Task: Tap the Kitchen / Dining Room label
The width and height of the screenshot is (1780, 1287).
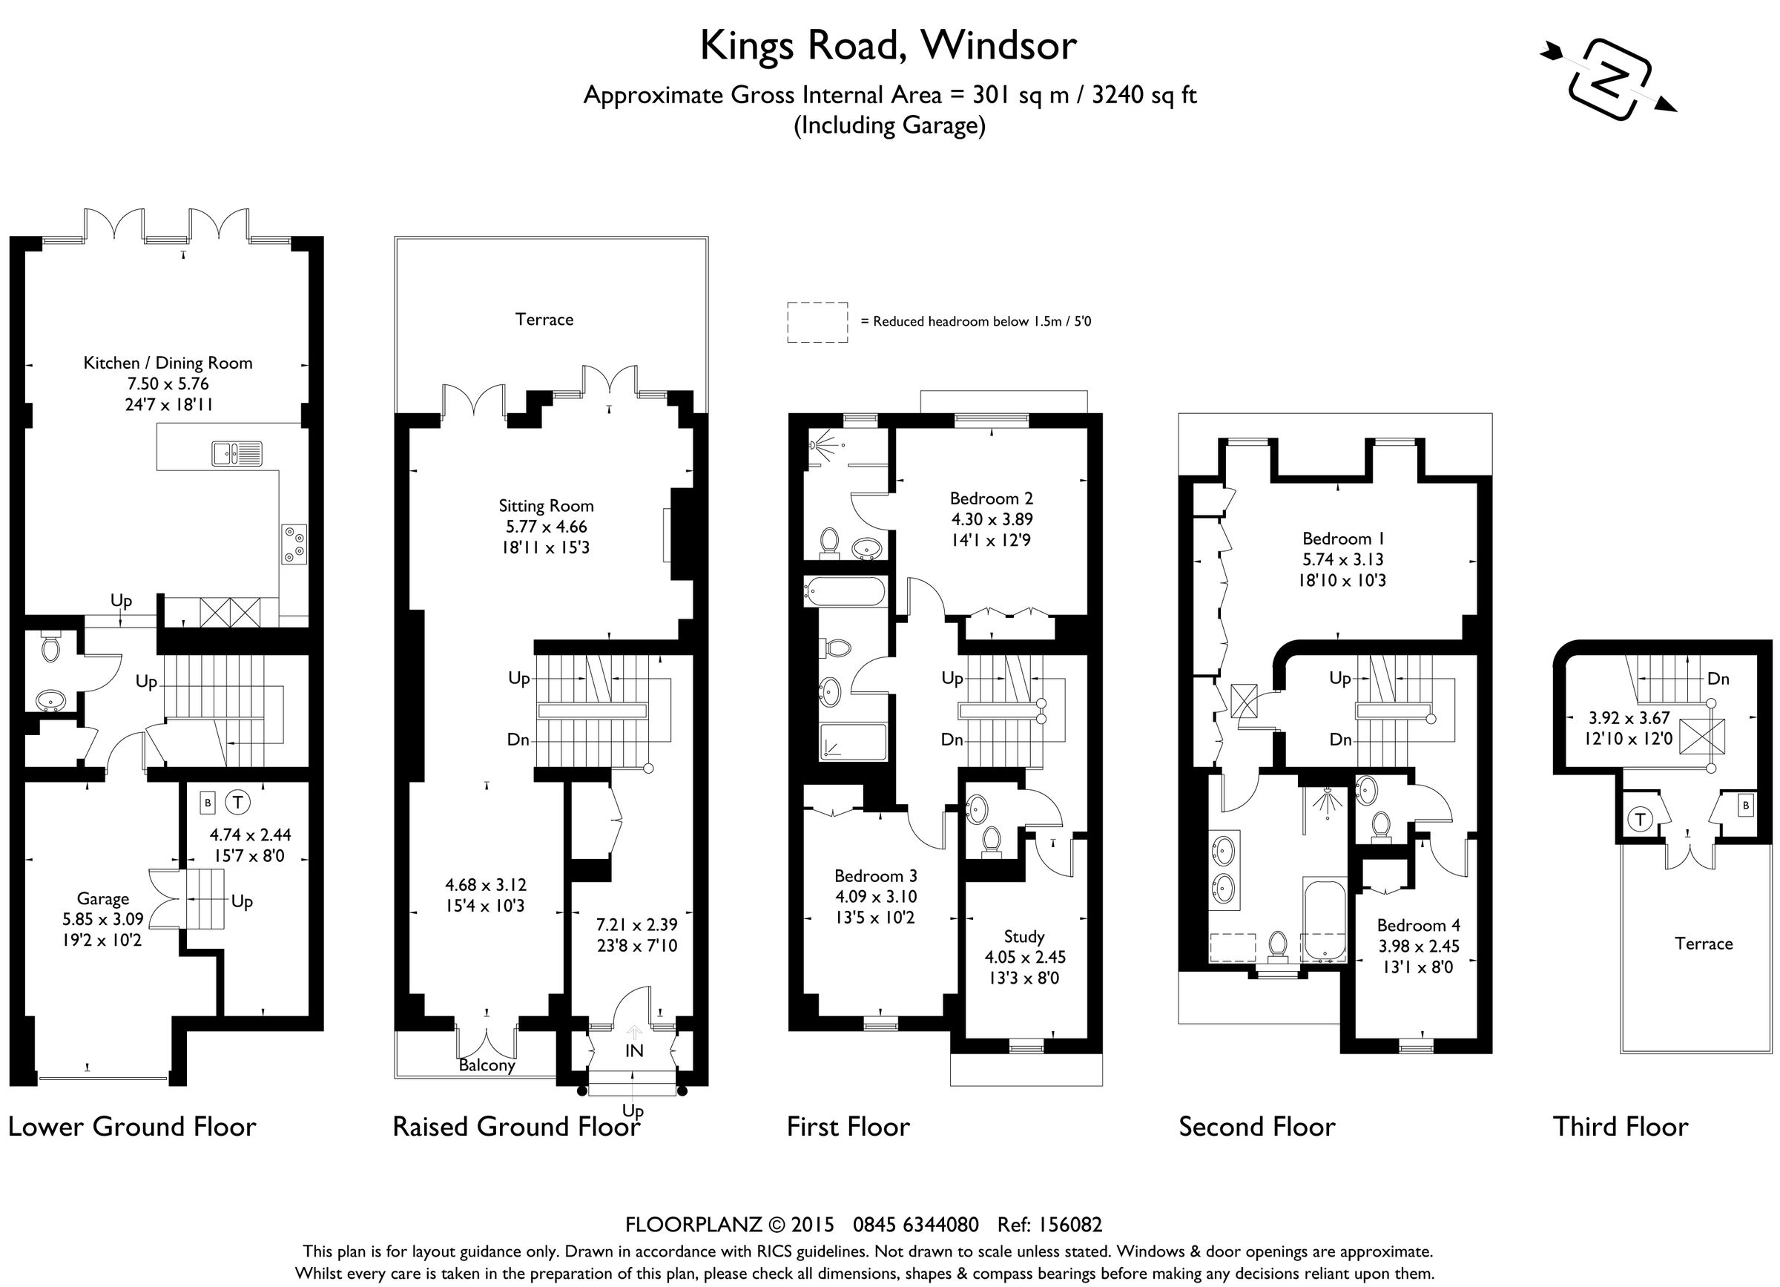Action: [x=168, y=363]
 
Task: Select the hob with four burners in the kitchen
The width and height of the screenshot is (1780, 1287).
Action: [x=294, y=543]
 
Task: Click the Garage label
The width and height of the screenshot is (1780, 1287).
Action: [x=102, y=898]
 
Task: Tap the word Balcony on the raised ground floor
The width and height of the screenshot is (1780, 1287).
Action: [x=487, y=1065]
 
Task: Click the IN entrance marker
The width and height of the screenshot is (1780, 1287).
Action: [x=633, y=1050]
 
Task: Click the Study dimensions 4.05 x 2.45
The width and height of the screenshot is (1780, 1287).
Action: [x=1024, y=957]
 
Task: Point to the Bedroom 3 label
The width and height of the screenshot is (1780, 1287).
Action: [x=875, y=875]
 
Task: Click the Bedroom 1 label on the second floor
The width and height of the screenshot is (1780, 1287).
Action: [x=1342, y=539]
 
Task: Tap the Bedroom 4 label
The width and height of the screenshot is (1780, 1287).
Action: [x=1418, y=924]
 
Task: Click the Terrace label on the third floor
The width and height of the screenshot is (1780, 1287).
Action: [x=1703, y=944]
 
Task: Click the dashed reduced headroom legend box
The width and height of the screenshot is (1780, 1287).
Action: [x=817, y=322]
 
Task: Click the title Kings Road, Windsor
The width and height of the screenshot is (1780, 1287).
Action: [x=888, y=45]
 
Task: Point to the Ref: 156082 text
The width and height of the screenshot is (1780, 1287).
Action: [x=1049, y=1224]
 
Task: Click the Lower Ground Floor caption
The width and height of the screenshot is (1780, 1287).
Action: [x=132, y=1126]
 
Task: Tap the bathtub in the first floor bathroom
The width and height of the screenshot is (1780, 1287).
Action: [x=845, y=590]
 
